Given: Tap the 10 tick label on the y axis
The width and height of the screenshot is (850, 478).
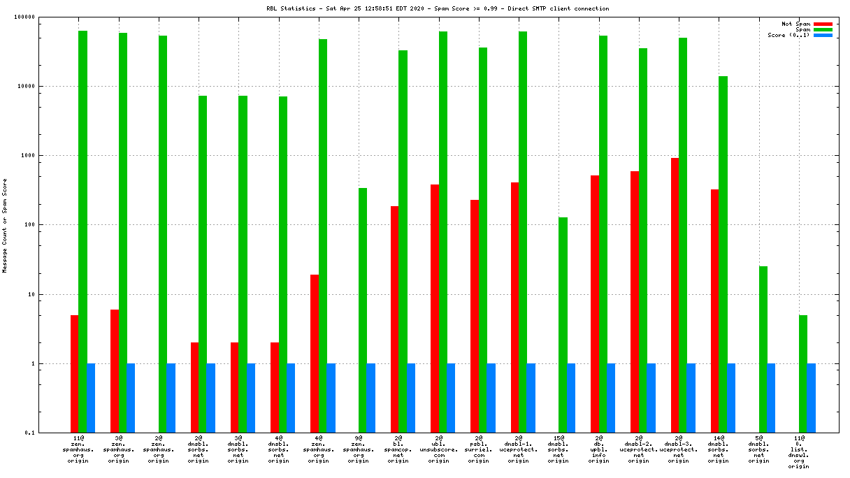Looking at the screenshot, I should click(x=50, y=294).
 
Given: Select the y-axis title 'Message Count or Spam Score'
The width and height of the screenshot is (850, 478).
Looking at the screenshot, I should click(x=5, y=225).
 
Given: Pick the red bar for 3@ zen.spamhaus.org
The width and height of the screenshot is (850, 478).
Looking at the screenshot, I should click(x=115, y=370).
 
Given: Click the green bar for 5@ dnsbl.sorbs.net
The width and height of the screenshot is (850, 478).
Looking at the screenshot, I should click(x=763, y=349).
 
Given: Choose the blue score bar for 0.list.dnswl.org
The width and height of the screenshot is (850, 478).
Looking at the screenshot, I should click(x=812, y=398).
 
